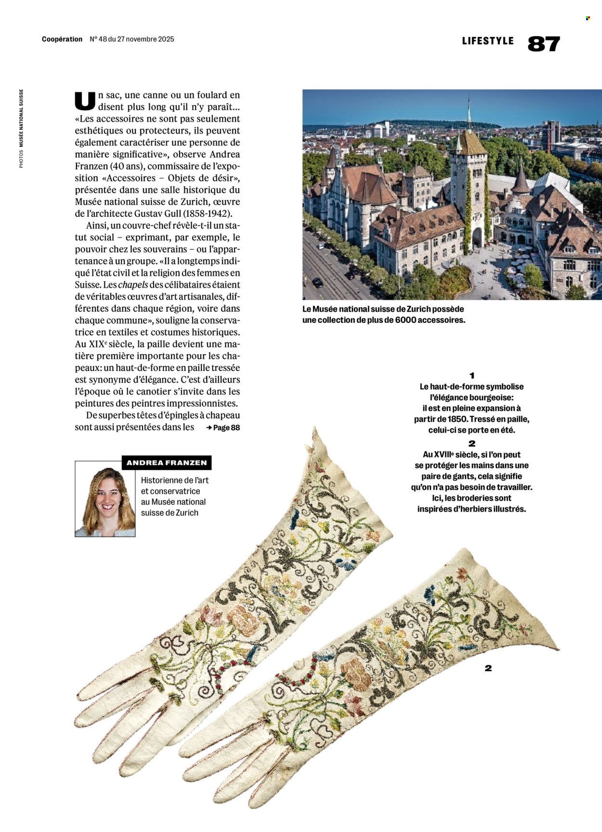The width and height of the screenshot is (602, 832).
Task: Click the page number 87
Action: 544,44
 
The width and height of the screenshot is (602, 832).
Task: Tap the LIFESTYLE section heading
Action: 487,41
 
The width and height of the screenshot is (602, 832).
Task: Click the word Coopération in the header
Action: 62,39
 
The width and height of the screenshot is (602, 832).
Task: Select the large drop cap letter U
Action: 85,100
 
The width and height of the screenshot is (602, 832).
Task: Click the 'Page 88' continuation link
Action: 223,427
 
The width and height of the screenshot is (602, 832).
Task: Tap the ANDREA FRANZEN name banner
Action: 167,462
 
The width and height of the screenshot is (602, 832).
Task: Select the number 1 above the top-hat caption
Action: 472,375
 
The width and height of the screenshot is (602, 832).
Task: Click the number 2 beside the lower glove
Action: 488,668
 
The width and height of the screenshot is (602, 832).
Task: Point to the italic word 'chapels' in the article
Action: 133,285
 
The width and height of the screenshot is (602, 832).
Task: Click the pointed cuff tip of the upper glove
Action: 314,431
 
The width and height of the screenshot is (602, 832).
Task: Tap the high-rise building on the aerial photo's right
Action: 550,134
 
